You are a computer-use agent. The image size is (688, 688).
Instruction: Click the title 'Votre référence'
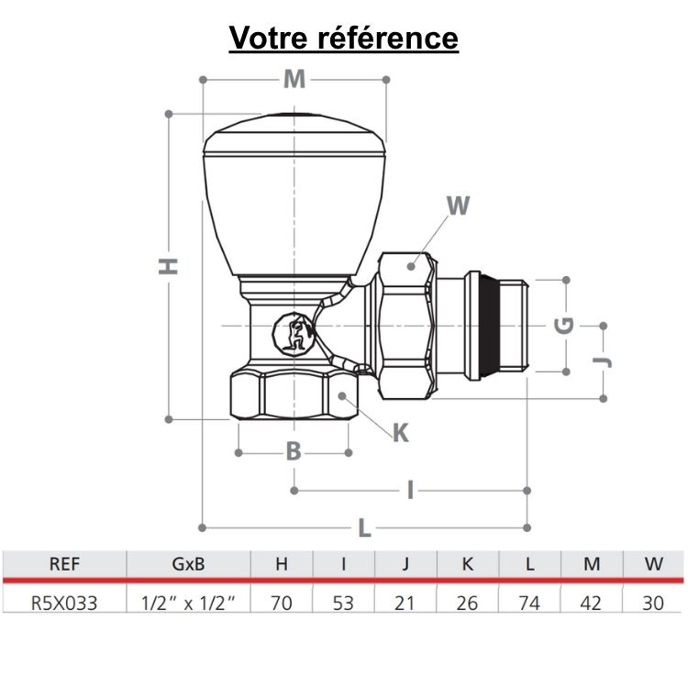click(343, 38)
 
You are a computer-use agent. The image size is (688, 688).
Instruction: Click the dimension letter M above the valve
click(294, 80)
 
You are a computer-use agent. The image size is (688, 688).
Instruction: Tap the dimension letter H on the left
click(169, 266)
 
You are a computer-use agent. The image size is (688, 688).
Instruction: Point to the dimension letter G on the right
click(566, 325)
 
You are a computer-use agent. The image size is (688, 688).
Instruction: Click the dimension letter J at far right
click(603, 361)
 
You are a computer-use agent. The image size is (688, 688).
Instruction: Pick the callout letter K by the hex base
click(401, 433)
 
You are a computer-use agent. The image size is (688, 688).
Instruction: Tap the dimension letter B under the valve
click(293, 451)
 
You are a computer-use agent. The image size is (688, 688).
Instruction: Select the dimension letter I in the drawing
click(411, 491)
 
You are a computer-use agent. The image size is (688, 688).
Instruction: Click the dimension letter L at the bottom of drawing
click(364, 528)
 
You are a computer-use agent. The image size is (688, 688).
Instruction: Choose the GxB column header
click(187, 564)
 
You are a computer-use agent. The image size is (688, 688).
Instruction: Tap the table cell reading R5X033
click(63, 603)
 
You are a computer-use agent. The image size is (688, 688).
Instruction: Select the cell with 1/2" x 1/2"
click(187, 603)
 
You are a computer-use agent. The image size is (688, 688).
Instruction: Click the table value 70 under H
click(281, 603)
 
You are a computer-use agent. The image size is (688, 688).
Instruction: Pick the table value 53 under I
click(343, 603)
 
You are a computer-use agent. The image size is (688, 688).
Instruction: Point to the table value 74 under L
click(529, 603)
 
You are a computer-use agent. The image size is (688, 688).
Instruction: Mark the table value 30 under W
click(653, 603)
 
